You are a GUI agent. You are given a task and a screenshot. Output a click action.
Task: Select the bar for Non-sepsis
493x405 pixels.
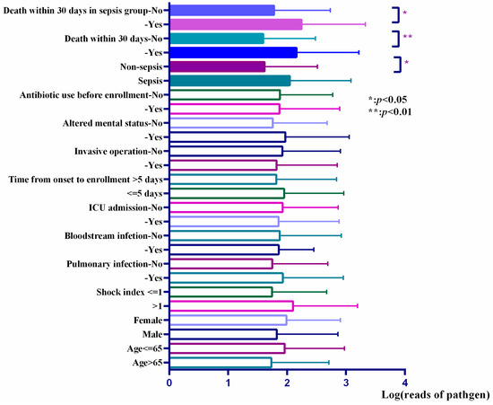tap(218, 66)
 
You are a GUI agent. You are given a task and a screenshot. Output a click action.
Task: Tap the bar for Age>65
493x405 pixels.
tap(221, 362)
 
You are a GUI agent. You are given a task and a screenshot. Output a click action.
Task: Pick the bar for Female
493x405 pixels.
tap(228, 320)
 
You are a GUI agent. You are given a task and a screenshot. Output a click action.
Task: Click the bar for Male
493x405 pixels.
tap(223, 334)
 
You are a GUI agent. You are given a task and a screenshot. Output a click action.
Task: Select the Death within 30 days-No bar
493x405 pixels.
tap(217, 39)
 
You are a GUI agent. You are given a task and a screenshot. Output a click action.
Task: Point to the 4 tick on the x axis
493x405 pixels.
tap(405, 371)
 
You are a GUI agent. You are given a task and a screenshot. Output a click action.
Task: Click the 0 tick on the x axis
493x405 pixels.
tap(169, 371)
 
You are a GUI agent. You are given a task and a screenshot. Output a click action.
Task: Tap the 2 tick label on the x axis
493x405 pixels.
tap(287, 383)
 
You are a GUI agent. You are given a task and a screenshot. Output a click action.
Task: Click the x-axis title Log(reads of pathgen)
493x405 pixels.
tap(439, 394)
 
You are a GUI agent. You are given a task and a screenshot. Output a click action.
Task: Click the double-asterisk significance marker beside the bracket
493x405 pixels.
tap(407, 39)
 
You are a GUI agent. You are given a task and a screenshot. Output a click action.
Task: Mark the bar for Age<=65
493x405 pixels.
tap(227, 348)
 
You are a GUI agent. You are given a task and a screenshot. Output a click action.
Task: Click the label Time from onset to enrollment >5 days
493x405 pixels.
tap(86, 180)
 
